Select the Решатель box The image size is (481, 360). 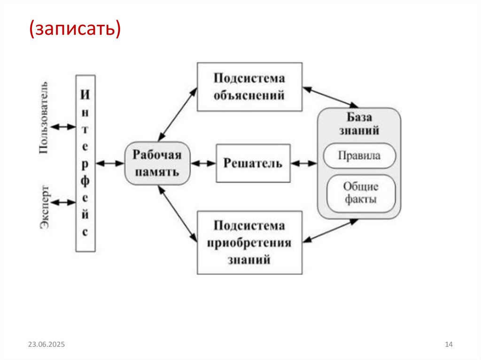coord(253,163)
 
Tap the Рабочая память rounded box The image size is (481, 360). coord(157,163)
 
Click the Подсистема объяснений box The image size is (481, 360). coord(249,87)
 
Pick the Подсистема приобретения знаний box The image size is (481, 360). coord(249,242)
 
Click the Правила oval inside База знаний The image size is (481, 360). coord(359,155)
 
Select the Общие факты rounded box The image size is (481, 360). coord(361,193)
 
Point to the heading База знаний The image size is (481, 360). coord(359,123)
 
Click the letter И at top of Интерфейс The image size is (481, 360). coord(85,94)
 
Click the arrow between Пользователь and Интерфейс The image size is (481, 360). coord(63,127)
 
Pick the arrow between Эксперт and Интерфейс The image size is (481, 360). coord(63,203)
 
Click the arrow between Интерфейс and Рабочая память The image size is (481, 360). coord(109,163)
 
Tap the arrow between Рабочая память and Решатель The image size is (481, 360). coord(203,163)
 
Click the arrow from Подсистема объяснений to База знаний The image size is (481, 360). coord(330,96)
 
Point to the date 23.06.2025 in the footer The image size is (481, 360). coord(46,345)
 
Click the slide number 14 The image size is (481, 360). coord(448,345)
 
